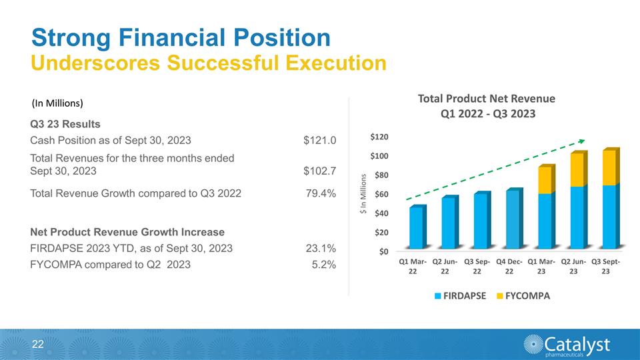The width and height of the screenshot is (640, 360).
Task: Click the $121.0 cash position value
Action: tap(319, 141)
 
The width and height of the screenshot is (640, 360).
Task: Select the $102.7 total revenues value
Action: tap(319, 171)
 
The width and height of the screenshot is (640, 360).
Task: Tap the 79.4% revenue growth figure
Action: tap(320, 194)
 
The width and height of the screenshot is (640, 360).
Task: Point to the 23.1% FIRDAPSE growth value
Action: tap(320, 249)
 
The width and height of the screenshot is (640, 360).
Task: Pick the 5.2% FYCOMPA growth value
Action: tap(323, 265)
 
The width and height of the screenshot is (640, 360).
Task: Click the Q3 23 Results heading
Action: tap(65, 124)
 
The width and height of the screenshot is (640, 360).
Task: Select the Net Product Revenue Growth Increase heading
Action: tap(127, 232)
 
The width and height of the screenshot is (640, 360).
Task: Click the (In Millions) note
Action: tap(57, 103)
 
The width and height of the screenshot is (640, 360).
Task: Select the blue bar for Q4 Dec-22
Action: tap(513, 220)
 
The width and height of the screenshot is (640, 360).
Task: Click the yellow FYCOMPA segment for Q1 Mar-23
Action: tap(545, 179)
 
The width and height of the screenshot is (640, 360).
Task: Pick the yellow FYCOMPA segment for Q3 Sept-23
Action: tap(609, 167)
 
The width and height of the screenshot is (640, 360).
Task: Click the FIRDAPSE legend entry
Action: tap(460, 295)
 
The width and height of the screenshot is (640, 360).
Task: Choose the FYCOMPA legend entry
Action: tap(523, 295)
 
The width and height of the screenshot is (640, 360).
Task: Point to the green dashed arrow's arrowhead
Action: tap(582, 141)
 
